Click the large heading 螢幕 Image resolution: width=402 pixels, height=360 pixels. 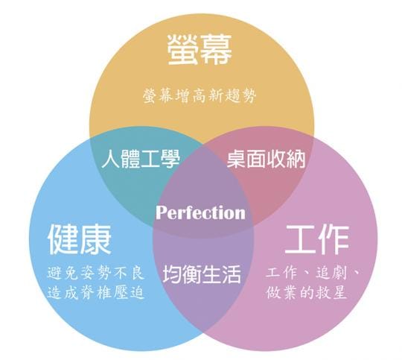click(200, 50)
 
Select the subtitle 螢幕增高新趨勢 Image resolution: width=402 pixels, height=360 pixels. click(200, 96)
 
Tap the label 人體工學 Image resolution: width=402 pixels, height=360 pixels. click(141, 160)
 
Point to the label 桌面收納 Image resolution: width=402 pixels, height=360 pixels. click(266, 160)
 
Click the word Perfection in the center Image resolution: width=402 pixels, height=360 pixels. click(200, 212)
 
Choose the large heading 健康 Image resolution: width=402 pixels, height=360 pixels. click(80, 239)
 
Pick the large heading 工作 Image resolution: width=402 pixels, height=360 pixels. click(317, 239)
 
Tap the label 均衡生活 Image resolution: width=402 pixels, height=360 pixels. click(202, 274)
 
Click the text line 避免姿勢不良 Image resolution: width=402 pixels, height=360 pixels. click(96, 273)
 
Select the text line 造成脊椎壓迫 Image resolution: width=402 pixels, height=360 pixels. click(96, 293)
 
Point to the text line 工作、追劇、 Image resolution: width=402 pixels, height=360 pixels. click(313, 273)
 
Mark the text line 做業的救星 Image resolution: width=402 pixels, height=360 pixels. click(307, 293)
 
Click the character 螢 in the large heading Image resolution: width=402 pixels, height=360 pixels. click(183, 50)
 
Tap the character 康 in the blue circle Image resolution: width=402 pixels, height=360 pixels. click(95, 239)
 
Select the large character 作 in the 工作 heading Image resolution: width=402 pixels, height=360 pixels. click(334, 239)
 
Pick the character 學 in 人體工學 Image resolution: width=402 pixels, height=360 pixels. click(170, 160)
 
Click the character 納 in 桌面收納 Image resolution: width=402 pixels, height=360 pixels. click(296, 160)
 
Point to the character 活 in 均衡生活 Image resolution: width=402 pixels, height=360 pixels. click(232, 274)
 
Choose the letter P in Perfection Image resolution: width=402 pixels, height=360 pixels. click(162, 213)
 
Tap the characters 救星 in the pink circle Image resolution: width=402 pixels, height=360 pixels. click(331, 293)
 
